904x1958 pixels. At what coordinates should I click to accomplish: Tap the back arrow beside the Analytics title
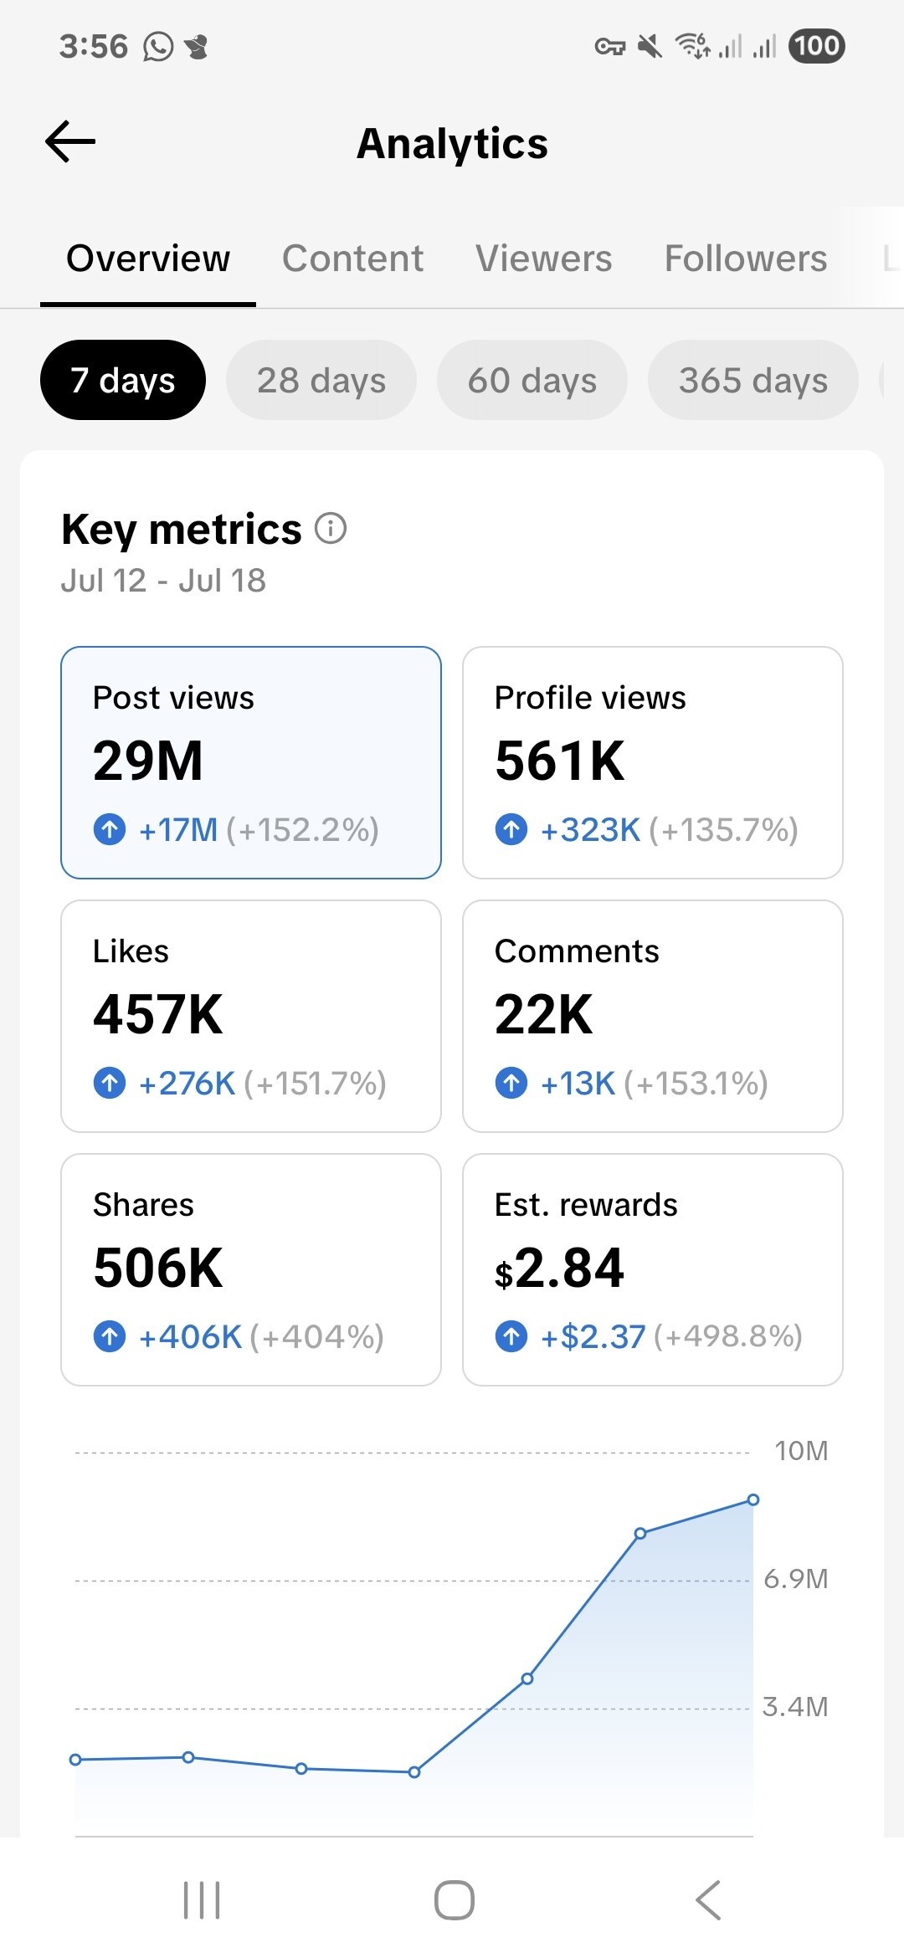tap(70, 141)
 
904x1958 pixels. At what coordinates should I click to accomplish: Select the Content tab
tap(352, 259)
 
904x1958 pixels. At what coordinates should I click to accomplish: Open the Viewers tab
tap(543, 259)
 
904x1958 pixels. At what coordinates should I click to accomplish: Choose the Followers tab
tap(745, 259)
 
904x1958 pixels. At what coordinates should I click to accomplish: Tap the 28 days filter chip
tap(321, 381)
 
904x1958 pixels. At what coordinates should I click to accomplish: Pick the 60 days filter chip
tap(532, 381)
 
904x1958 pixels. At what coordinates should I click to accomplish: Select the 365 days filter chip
tap(752, 381)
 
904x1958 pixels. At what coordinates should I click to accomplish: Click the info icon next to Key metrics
tap(331, 529)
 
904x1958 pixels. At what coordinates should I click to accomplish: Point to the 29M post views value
tap(148, 761)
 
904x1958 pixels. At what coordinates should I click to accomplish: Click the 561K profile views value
tap(559, 761)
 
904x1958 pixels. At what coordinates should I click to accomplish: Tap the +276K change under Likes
tap(187, 1084)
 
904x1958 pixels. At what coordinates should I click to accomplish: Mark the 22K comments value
tap(543, 1015)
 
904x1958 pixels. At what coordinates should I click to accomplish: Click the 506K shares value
tap(158, 1269)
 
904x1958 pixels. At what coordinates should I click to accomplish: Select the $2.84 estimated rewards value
tap(559, 1269)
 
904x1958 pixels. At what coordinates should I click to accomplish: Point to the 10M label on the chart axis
tap(801, 1451)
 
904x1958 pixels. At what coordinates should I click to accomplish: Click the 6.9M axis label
tap(795, 1579)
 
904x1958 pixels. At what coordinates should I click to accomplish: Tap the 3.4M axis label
tap(795, 1707)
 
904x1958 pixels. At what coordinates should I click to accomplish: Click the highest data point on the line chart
tap(753, 1499)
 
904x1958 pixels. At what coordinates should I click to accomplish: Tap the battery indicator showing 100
tap(816, 46)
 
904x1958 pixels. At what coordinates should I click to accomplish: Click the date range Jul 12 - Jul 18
tap(163, 581)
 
